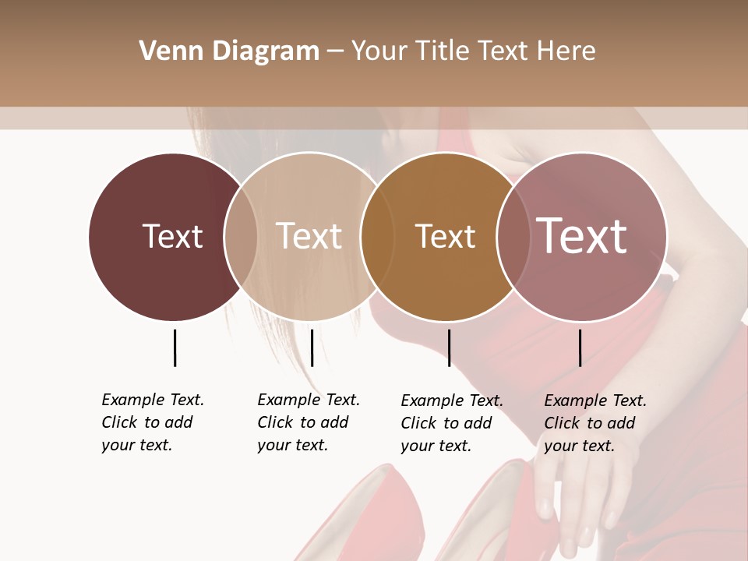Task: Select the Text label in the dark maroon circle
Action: [172, 236]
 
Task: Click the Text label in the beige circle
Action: [309, 236]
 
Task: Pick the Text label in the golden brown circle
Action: [445, 236]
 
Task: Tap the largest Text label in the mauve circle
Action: [581, 235]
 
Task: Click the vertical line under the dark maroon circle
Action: [175, 348]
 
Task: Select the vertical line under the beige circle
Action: [312, 348]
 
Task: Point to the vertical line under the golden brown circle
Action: [449, 348]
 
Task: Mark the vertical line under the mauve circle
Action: [580, 348]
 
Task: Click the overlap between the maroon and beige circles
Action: [241, 236]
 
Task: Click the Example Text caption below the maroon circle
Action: [152, 422]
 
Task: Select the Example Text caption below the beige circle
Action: [308, 422]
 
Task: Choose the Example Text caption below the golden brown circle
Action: [451, 423]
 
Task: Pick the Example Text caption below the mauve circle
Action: [595, 423]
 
